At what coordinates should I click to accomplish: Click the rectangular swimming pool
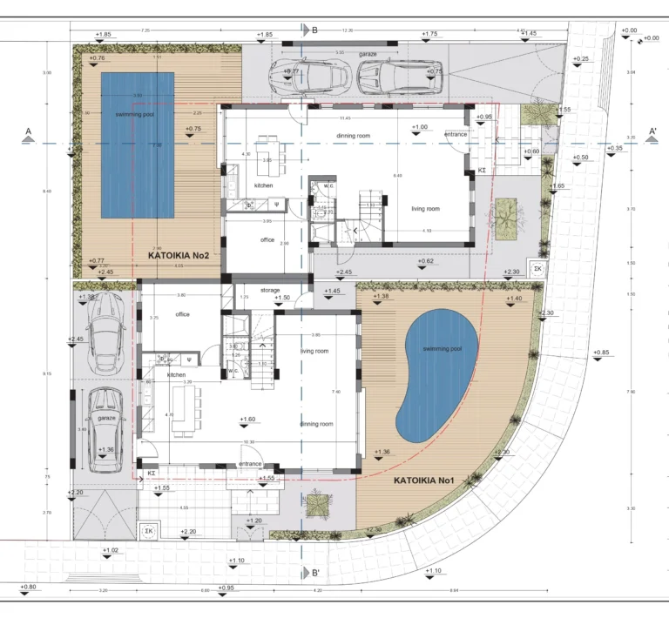[x=137, y=145]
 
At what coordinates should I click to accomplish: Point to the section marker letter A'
[x=652, y=132]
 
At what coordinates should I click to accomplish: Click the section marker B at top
[x=314, y=30]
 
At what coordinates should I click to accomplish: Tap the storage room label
[x=270, y=290]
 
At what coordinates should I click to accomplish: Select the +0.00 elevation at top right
[x=629, y=30]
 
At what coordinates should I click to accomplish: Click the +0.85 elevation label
[x=601, y=353]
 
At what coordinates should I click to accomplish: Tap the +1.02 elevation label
[x=111, y=550]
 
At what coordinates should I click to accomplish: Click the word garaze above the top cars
[x=368, y=54]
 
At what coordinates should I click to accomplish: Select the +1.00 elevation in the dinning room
[x=420, y=127]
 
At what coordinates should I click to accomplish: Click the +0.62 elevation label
[x=425, y=261]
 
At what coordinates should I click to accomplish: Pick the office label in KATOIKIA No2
[x=267, y=239]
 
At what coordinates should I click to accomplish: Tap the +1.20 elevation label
[x=253, y=521]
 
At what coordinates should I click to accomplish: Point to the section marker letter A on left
[x=29, y=132]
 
